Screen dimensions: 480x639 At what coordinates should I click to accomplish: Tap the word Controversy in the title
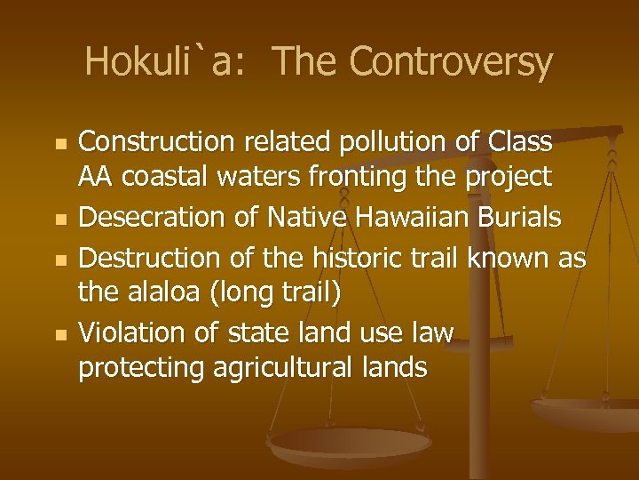coord(451,62)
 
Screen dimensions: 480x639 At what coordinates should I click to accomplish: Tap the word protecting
coord(141,369)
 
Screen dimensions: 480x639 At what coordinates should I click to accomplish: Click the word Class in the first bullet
coord(520,142)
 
